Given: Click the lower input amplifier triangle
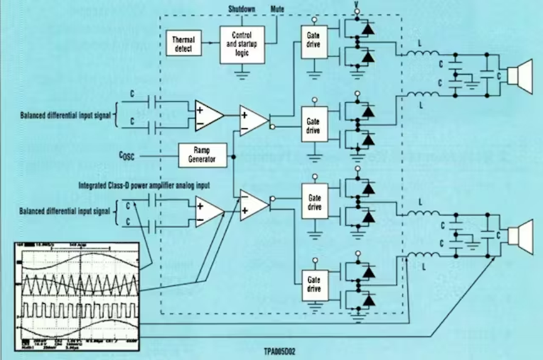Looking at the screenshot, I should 208,210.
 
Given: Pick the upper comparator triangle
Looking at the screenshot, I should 253,119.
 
